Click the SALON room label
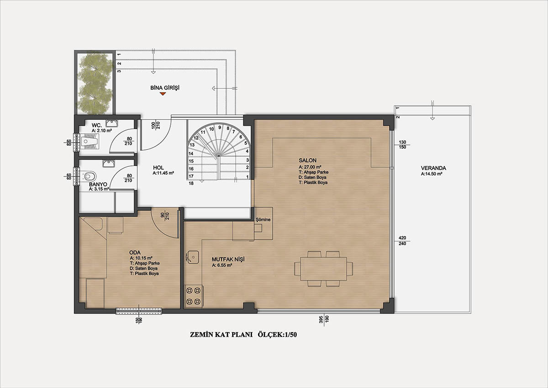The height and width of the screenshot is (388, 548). point(307,160)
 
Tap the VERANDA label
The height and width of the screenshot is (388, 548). point(433,168)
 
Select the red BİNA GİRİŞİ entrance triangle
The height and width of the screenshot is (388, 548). point(163,94)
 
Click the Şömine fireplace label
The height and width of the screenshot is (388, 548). point(263,219)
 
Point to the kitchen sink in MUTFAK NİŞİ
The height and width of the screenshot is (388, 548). point(193,257)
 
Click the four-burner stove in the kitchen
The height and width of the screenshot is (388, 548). point(193,296)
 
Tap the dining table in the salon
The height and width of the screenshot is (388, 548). point(323,269)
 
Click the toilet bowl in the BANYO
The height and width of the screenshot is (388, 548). point(89,176)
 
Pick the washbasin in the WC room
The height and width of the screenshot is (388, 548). point(112,122)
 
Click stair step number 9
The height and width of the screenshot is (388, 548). point(220,128)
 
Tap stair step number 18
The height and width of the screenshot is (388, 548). point(191,183)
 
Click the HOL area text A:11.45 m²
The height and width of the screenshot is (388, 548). point(163,173)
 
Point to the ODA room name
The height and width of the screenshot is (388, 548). point(135,253)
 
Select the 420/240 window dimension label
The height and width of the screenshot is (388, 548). point(402,241)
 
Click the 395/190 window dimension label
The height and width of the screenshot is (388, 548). point(324,319)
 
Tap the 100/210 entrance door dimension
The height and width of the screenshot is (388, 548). point(155,125)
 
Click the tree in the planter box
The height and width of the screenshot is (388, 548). point(95,83)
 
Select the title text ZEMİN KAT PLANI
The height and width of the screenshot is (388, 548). point(221,335)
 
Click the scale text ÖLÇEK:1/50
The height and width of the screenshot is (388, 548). point(278,335)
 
